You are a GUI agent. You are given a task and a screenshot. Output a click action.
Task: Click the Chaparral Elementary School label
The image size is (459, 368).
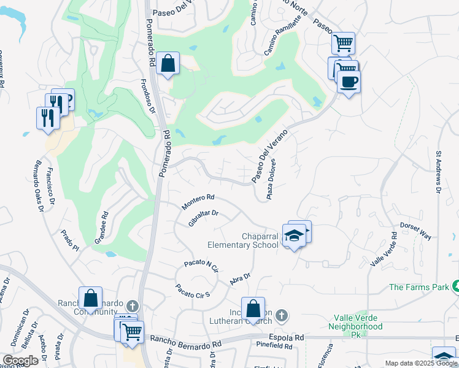pos(242,240)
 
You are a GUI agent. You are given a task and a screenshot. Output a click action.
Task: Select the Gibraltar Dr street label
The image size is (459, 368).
pos(203,218)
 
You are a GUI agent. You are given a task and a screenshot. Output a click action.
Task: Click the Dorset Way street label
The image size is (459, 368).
pos(417,231)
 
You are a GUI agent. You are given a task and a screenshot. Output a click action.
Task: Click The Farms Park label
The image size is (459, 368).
pos(418,286)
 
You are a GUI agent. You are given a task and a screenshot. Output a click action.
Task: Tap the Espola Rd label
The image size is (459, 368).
pos(289,337)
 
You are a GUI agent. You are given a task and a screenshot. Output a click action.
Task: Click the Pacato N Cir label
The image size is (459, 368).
pos(201,266)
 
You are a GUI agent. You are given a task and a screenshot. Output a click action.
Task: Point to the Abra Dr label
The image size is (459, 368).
pos(241,280)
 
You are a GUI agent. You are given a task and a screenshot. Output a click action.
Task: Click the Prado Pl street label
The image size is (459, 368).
pos(70,240)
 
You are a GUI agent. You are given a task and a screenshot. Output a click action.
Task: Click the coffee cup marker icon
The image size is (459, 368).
pos(349,82)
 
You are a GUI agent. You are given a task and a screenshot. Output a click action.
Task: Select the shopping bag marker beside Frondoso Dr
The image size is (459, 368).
pos(167,63)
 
